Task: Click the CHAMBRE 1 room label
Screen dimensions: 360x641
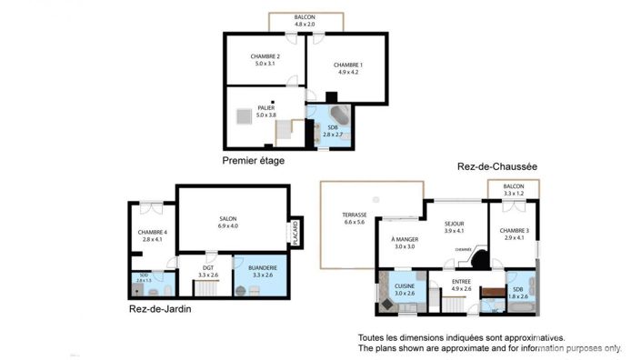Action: pyautogui.click(x=347, y=65)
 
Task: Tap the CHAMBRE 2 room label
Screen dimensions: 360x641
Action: pyautogui.click(x=265, y=56)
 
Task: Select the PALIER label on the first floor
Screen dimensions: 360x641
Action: pyautogui.click(x=265, y=107)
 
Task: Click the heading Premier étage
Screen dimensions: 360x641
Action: pyautogui.click(x=254, y=161)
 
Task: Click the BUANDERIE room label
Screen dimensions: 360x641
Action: pyautogui.click(x=262, y=267)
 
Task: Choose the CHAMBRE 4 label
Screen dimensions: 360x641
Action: pyautogui.click(x=152, y=232)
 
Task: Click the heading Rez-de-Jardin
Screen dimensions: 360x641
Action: pyautogui.click(x=166, y=309)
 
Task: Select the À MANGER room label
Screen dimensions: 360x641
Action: pyautogui.click(x=404, y=239)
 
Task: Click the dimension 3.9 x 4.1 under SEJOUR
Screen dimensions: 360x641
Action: pyautogui.click(x=455, y=230)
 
